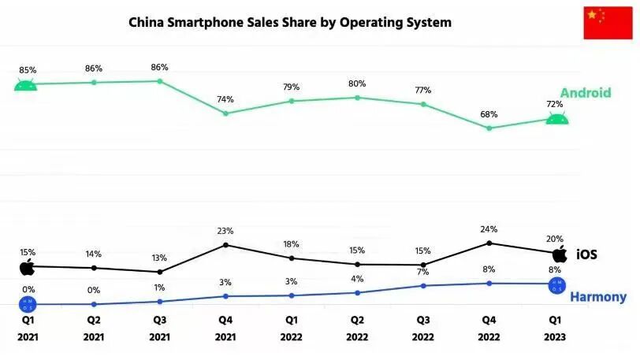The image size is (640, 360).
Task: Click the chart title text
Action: pos(290,23)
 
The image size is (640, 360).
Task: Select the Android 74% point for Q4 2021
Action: pos(225,113)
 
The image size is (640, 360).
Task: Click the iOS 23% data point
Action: pos(225,245)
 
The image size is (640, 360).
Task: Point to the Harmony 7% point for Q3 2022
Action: pos(423,285)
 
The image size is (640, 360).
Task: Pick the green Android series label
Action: pos(585,93)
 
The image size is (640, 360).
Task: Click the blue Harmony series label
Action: pos(597,297)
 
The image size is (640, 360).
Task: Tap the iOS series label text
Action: pos(586,254)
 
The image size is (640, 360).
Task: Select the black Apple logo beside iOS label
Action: pos(560,254)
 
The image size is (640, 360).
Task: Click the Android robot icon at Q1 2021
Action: pos(26,84)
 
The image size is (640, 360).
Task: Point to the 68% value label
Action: pos(489,114)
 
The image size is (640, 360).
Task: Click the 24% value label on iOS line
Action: pos(489,231)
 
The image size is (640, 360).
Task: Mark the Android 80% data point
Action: pos(357,98)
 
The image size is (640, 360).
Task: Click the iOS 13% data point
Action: pos(160,272)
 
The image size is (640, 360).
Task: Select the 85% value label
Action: pos(28,70)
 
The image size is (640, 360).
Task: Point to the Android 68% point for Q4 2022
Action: pos(489,128)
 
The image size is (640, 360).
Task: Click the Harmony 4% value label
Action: pos(356,279)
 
